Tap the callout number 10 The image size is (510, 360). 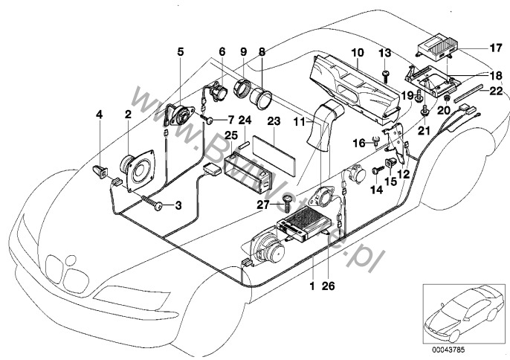tap(357, 53)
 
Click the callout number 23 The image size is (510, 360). tap(273, 120)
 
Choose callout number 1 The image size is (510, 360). tap(312, 285)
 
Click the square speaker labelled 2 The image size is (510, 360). tap(137, 171)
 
